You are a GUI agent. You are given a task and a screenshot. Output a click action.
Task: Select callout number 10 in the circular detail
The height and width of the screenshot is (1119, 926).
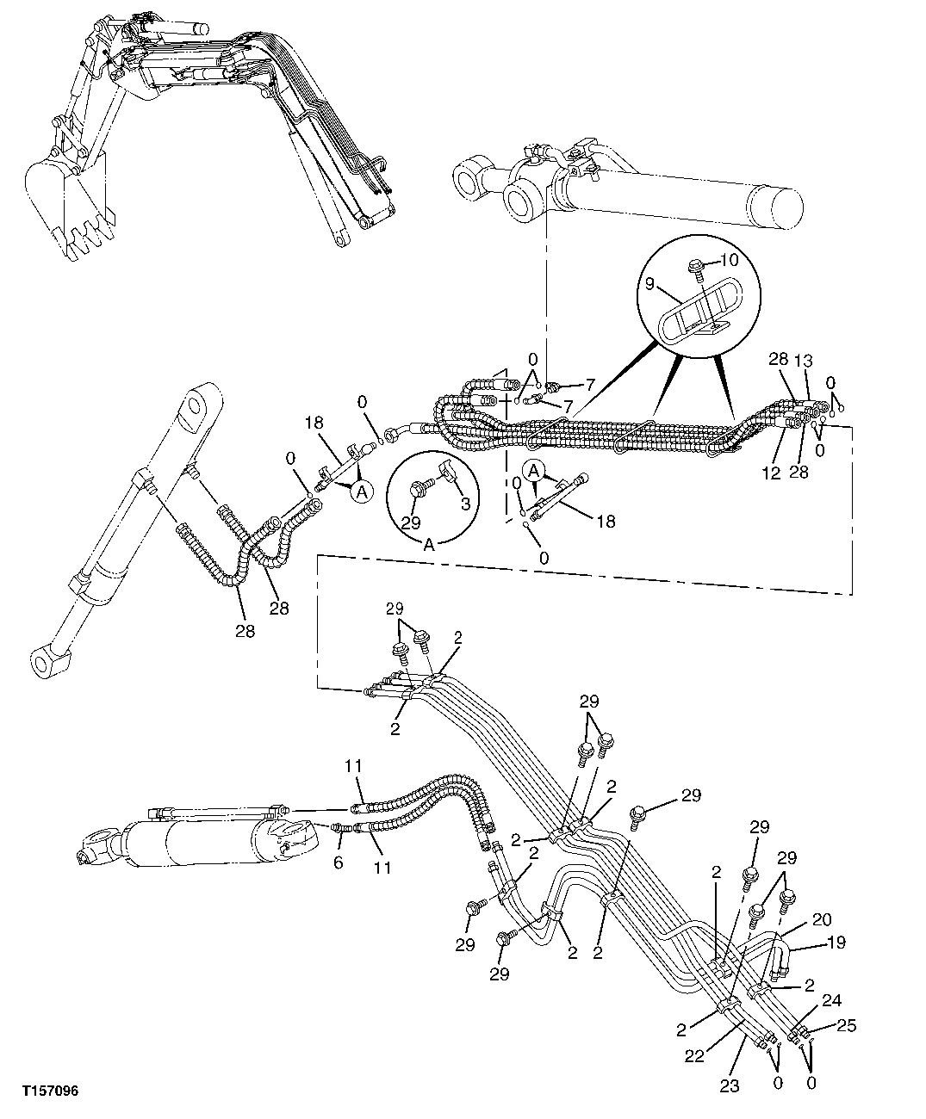coord(729,259)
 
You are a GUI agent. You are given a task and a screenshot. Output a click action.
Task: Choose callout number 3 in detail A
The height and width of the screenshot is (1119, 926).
coord(465,504)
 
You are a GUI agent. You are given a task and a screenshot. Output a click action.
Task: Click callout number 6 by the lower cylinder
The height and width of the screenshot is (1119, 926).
coord(338,862)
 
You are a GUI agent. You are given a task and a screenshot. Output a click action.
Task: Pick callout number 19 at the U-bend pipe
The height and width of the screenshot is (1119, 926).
coord(836,943)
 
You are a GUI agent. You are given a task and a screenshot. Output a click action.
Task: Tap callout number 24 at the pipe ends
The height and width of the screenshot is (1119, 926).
coord(831,1000)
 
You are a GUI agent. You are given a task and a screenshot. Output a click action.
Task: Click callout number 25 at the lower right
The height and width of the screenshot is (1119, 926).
coord(847,1026)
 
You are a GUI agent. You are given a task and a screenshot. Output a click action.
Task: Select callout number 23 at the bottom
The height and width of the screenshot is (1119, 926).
coord(729,1086)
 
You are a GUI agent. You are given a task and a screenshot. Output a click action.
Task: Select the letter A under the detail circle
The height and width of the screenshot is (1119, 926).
coord(428,544)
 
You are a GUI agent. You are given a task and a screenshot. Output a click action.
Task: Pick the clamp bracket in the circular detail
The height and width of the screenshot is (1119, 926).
coord(698,310)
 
